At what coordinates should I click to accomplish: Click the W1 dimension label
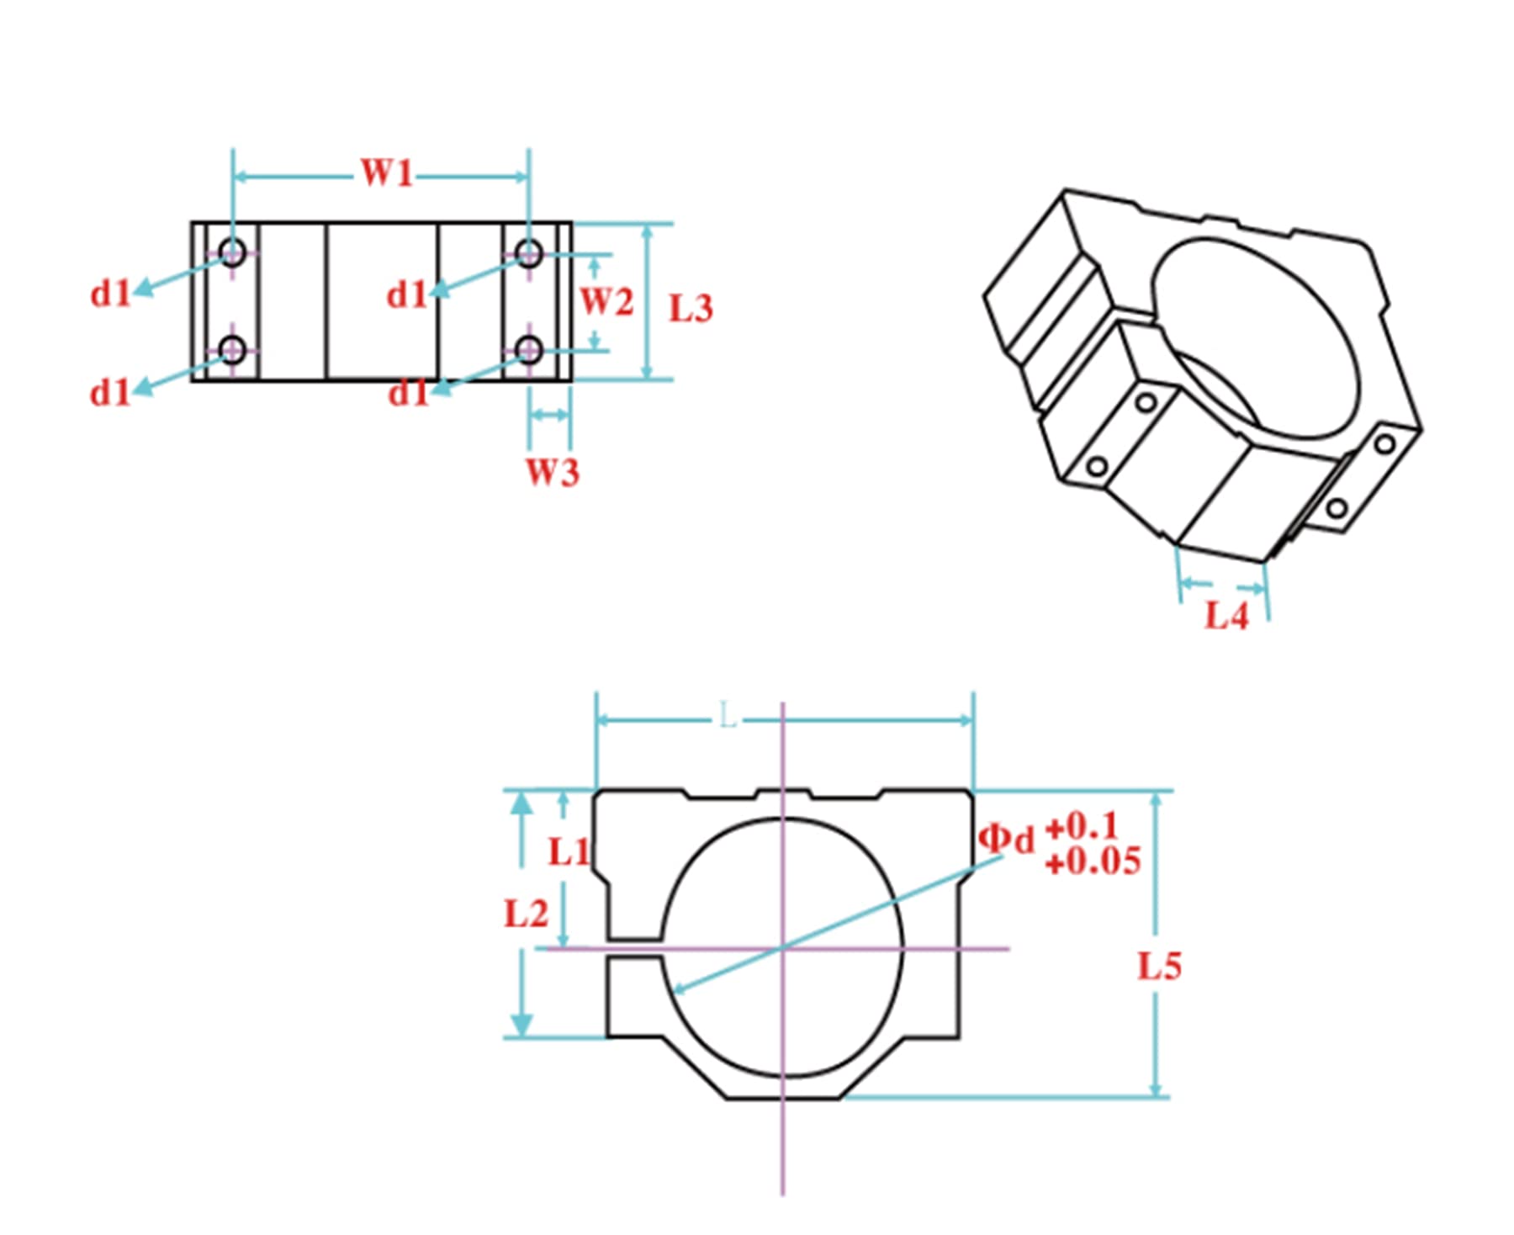(x=386, y=173)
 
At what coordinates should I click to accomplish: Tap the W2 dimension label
(x=606, y=301)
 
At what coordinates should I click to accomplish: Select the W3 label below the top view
(x=553, y=473)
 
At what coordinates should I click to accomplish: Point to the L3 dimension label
(x=691, y=309)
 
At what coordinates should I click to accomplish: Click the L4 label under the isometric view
(x=1226, y=616)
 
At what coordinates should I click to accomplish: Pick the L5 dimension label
(x=1159, y=966)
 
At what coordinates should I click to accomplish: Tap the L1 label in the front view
(x=569, y=852)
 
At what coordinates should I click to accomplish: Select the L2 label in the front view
(x=526, y=914)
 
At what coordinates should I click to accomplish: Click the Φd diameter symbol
(x=1006, y=839)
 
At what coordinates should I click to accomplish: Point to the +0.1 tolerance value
(x=1082, y=827)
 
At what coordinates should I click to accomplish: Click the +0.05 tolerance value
(x=1093, y=861)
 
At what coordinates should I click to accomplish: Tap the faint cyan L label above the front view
(x=728, y=718)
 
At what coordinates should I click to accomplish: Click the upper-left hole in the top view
(x=232, y=252)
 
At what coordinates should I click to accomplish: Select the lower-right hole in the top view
(x=528, y=349)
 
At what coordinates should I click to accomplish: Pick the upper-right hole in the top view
(x=528, y=252)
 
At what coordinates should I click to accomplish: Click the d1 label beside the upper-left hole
(x=111, y=294)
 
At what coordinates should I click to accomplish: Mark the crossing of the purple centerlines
(x=782, y=948)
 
